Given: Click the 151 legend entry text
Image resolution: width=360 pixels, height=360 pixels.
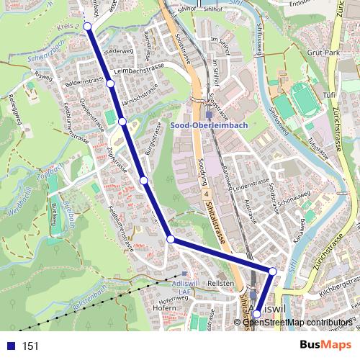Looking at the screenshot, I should (30, 346).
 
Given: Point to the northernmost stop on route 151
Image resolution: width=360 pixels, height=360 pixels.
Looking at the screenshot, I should (88, 26).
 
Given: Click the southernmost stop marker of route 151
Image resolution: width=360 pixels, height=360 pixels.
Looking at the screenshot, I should (257, 314).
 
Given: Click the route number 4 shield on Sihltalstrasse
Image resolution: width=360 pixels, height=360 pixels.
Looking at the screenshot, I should (204, 194).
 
